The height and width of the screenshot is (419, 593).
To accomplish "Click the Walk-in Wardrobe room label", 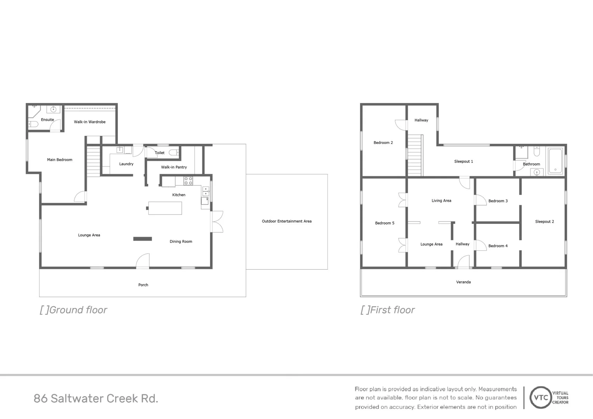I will coord(90,122).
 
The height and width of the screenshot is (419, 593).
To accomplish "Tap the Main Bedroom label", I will coord(59,160).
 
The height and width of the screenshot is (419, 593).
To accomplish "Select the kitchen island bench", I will coord(165,208).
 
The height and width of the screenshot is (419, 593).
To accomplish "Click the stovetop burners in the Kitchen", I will coord(188,181).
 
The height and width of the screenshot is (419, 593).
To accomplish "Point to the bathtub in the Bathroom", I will coord(555,161).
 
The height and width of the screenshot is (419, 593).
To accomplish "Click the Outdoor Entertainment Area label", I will coord(286,221).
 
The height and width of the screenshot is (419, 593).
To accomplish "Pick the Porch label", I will coord(143,285).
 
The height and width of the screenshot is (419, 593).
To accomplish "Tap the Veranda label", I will coord(463,282).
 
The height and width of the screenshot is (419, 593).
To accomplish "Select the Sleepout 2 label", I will coord(544,222).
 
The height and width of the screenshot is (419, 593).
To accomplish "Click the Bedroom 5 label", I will coord(385,223).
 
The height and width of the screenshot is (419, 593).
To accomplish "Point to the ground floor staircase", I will coord(93,161).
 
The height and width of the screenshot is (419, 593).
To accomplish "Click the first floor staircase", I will coord(415,155).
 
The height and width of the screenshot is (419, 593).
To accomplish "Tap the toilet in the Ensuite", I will coord(33,124).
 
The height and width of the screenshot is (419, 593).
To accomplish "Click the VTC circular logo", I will coord(541,398).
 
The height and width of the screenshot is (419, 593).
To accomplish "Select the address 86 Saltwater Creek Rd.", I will coord(96,398).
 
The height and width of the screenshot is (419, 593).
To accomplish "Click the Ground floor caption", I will coord(73,310).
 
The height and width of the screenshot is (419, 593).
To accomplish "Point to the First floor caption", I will coord(388,310).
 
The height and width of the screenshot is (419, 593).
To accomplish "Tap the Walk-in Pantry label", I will coord(174,167).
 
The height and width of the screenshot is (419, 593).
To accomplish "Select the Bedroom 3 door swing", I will coord(480,200).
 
